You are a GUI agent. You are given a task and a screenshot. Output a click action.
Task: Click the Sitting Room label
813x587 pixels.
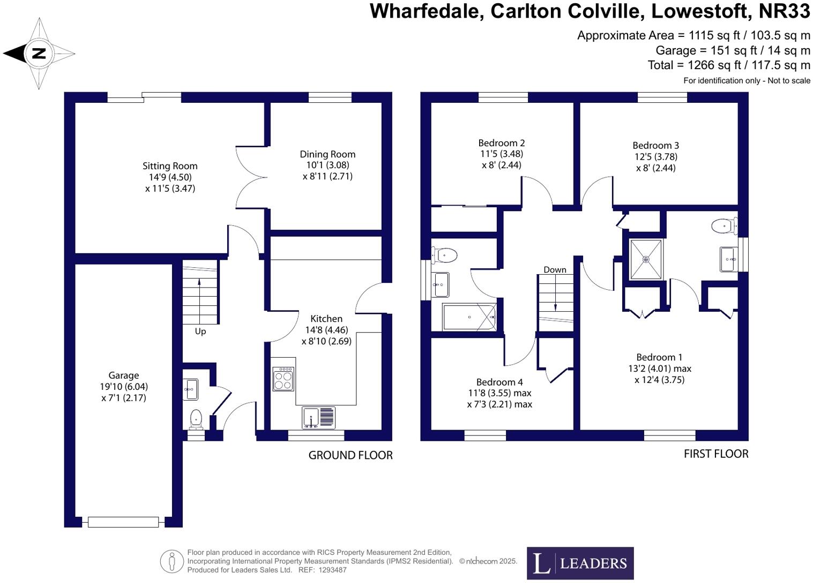pos(170,166)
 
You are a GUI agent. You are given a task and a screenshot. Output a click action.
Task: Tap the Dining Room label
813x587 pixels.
pos(327,155)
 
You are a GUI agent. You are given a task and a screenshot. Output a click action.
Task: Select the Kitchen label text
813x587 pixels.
pos(326,319)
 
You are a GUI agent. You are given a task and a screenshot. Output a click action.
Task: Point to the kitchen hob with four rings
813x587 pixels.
pos(284,379)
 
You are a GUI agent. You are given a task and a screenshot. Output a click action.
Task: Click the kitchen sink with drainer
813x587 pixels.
pos(319,418)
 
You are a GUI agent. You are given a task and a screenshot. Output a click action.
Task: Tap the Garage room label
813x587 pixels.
pos(123,375)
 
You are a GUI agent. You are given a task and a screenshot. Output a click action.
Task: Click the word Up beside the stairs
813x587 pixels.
pos(200,332)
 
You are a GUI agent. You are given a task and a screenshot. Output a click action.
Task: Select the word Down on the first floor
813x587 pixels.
pos(555,269)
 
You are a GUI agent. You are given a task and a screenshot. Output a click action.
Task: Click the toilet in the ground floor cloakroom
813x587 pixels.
pos(196,420)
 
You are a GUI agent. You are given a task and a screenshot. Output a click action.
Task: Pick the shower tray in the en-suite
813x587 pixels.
pos(646,259)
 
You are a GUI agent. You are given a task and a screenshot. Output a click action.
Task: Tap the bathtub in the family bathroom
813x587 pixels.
pos(469,317)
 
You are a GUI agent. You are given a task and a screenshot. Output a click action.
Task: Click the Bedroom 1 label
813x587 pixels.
pos(659,357)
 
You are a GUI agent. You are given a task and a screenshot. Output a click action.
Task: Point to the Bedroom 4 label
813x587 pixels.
pos(499,382)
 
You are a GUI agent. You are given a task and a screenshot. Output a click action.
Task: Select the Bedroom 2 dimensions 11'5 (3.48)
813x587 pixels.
pos(502,154)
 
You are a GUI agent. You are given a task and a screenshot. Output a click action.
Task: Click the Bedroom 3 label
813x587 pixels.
pos(655,146)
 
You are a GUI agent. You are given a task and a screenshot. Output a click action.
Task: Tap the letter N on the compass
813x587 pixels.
pos(39,54)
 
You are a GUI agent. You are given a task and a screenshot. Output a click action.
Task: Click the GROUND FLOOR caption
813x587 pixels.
pos(350,455)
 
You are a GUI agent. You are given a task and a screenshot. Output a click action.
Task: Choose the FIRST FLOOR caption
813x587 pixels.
pos(716,454)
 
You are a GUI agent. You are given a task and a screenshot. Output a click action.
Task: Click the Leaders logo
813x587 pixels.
pos(580,563)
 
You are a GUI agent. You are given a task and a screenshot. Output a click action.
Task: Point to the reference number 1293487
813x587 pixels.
pos(332,569)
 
